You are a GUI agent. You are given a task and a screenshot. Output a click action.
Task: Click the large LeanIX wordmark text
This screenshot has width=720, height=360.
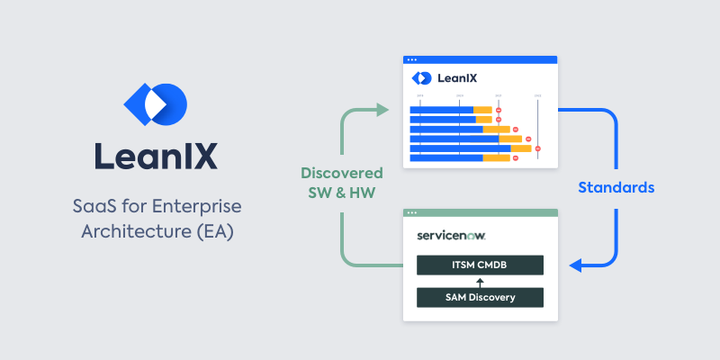156,155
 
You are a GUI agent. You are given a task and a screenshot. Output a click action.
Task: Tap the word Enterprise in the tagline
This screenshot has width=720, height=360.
201,206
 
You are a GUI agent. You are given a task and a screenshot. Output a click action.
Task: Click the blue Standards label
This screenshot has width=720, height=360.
616,188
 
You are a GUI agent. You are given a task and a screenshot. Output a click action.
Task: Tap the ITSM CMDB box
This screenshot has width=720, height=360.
480,265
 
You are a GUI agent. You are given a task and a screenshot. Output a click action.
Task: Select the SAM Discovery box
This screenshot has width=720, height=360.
480,297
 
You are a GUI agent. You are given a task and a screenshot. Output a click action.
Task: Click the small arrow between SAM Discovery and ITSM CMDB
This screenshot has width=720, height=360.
480,281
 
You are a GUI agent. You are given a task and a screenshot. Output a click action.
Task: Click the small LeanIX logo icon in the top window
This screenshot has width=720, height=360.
420,78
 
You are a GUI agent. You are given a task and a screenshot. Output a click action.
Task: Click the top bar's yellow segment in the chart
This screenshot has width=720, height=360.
482,110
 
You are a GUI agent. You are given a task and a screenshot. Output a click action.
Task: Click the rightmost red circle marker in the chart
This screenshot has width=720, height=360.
537,148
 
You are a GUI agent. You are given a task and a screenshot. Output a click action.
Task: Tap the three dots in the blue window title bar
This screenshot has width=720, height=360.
412,59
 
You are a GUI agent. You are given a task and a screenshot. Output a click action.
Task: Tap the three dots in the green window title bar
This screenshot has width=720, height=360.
412,213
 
